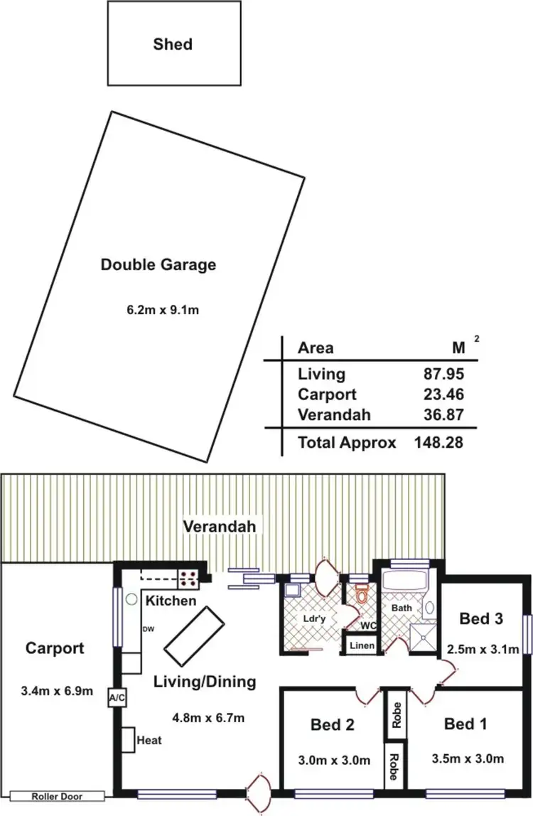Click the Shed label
173,44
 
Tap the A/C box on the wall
117,698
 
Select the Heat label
150,740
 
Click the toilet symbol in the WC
362,593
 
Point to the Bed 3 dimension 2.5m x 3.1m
483,648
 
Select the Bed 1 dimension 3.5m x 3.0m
467,759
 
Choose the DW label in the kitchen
149,628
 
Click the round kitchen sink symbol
131,599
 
